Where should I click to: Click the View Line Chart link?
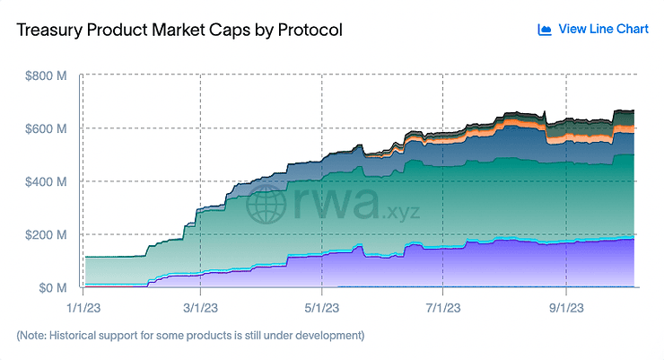(603, 29)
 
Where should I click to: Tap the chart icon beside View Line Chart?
(545, 30)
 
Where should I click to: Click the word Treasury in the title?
(49, 31)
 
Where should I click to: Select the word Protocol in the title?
(310, 30)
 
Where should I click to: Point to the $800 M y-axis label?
(46, 75)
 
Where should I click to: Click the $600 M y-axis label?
(46, 128)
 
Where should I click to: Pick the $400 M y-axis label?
(46, 181)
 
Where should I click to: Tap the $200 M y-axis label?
(46, 234)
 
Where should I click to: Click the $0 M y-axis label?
(53, 288)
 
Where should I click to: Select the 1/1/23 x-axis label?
(83, 308)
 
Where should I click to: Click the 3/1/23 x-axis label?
(200, 308)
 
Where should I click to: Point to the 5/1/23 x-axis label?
(322, 308)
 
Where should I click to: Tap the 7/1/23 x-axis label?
(443, 308)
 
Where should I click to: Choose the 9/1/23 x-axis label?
(566, 308)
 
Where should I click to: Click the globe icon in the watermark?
(266, 205)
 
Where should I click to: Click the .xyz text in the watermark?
(400, 212)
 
